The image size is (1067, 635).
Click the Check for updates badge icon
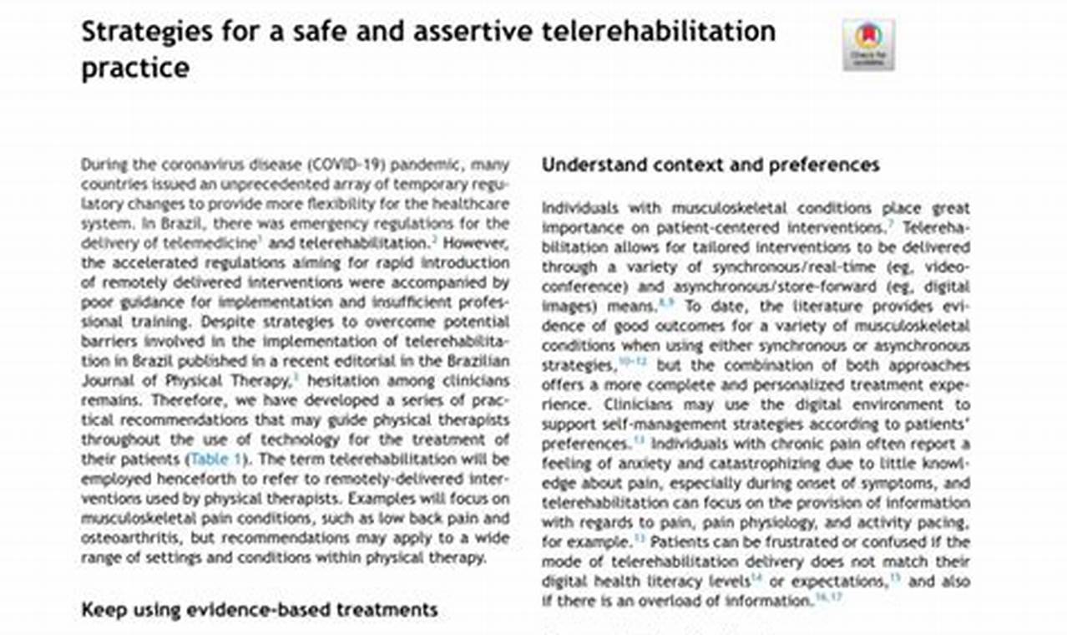pos(868,45)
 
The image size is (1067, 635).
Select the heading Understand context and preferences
pos(710,165)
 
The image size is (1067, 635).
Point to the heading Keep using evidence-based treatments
pos(259,609)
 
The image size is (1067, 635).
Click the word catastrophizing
pos(774,464)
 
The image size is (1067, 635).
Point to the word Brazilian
pos(472,361)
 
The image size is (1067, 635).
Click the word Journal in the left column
pos(104,381)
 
